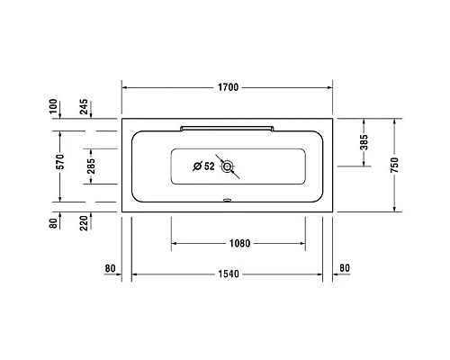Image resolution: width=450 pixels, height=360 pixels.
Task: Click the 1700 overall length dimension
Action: tap(228, 87)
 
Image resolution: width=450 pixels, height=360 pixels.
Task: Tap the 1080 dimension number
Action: tap(238, 243)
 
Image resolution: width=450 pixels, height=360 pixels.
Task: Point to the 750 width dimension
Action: tap(396, 164)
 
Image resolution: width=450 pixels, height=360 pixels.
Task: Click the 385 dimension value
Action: tap(364, 141)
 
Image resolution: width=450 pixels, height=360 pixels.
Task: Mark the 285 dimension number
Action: tap(89, 166)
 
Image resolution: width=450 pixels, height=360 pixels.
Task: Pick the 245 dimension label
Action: tap(84, 109)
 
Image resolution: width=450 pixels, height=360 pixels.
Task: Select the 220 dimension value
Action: tap(84, 220)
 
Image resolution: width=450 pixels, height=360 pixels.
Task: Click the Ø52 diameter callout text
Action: tap(204, 166)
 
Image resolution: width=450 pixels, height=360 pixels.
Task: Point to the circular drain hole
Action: tap(229, 166)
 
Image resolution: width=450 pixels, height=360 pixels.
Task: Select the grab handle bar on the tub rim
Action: tap(228, 128)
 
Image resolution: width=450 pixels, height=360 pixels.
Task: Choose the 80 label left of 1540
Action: tap(111, 268)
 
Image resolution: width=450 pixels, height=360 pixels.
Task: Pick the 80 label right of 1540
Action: tap(346, 268)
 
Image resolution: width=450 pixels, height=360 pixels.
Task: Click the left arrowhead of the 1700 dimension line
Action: tap(125, 87)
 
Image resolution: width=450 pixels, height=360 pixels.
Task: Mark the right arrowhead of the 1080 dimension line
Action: tap(302, 243)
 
